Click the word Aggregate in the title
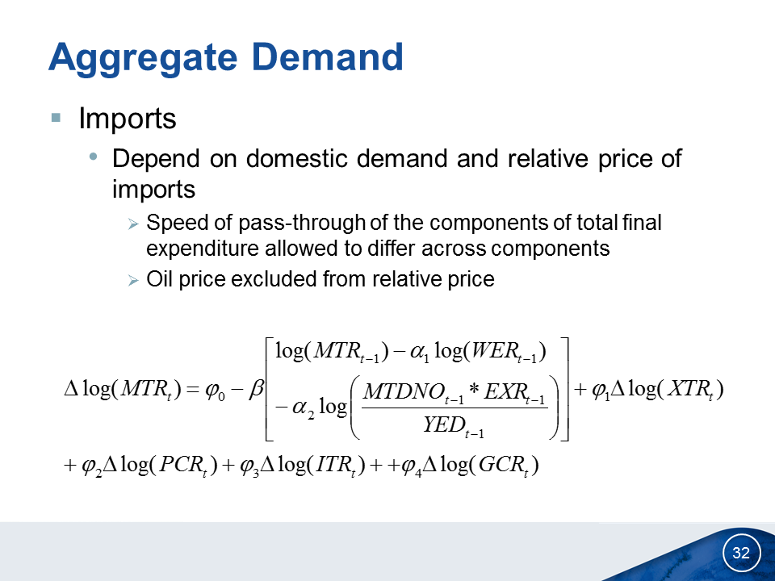click(x=144, y=59)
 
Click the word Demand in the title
click(x=328, y=56)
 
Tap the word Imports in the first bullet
click(x=128, y=119)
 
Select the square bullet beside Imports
click(x=56, y=118)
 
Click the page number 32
click(x=741, y=552)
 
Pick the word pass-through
click(x=301, y=224)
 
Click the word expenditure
click(x=202, y=249)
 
